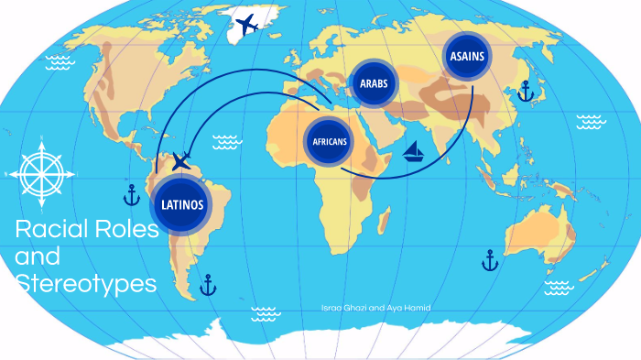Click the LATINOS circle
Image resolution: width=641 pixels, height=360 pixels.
(x=182, y=203)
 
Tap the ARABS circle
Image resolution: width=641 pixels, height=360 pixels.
(x=373, y=83)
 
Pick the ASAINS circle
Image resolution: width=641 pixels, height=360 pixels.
(x=466, y=56)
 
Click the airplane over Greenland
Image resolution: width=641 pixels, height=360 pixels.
(x=246, y=25)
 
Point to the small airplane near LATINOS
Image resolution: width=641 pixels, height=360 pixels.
(x=181, y=163)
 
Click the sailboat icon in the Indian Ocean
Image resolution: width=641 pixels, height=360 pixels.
(x=415, y=151)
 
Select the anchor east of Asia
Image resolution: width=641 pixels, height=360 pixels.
(x=525, y=91)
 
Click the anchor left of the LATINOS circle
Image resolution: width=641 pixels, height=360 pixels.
(x=132, y=194)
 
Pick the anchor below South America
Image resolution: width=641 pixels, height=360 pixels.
(x=209, y=285)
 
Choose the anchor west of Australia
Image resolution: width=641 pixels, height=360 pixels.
(x=490, y=261)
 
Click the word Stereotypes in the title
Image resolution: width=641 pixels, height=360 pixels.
(x=86, y=285)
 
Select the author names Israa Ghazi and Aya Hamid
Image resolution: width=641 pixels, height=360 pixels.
(x=375, y=308)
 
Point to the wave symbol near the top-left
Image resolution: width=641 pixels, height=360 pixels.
(x=58, y=62)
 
